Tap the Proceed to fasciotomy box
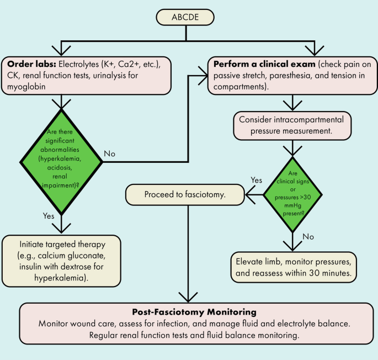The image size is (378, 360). (184, 194)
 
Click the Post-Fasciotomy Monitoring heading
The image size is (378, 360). (189, 311)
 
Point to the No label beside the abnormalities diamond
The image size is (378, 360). (110, 153)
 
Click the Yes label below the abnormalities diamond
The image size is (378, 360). (47, 216)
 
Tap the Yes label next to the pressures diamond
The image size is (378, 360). (256, 180)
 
